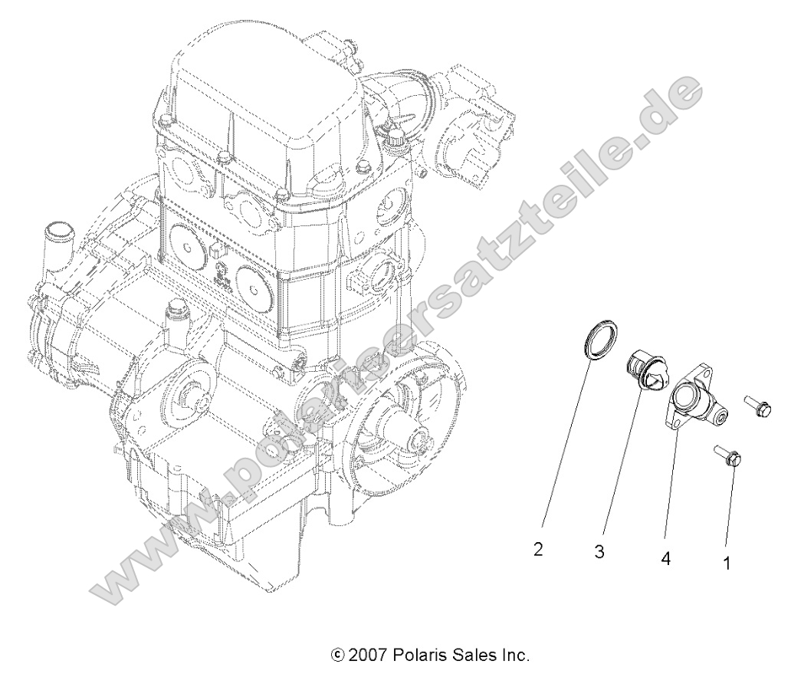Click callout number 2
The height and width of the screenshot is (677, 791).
coord(540,550)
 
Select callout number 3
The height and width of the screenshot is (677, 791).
coord(599,551)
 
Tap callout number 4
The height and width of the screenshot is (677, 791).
coord(665,560)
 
